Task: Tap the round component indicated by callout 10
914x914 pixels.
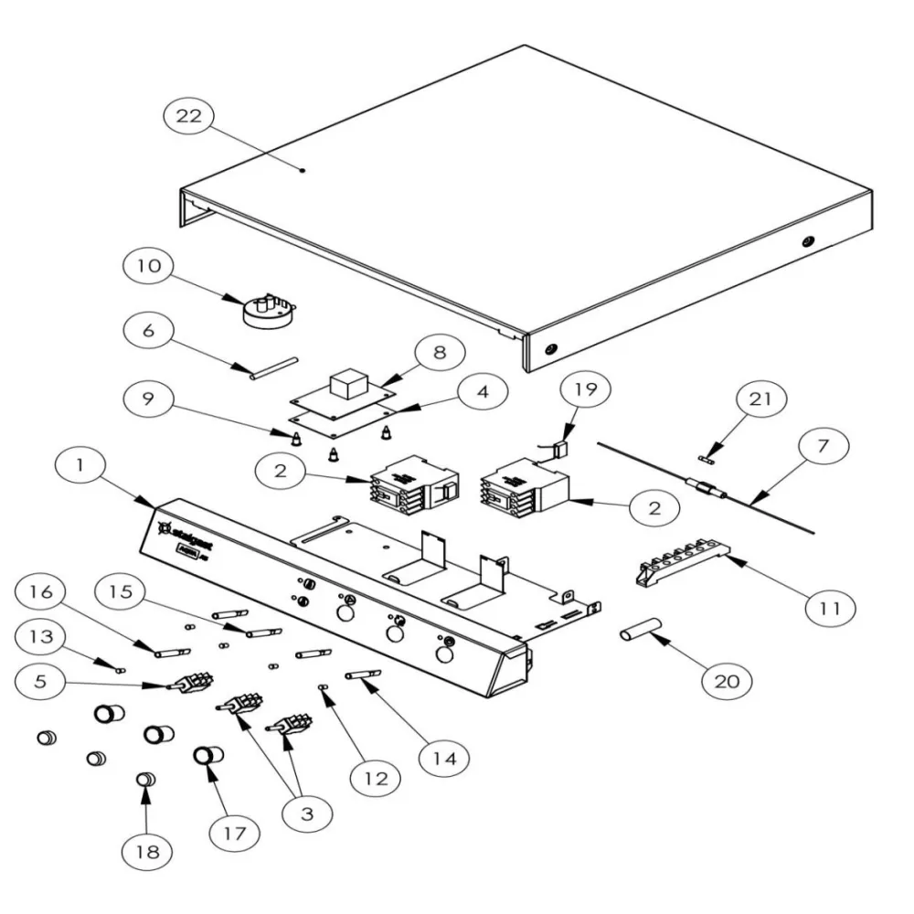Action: pyautogui.click(x=266, y=311)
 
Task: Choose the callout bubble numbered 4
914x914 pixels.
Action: pyautogui.click(x=483, y=392)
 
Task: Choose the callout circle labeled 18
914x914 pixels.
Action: pyautogui.click(x=148, y=852)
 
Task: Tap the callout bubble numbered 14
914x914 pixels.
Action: pyautogui.click(x=444, y=757)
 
